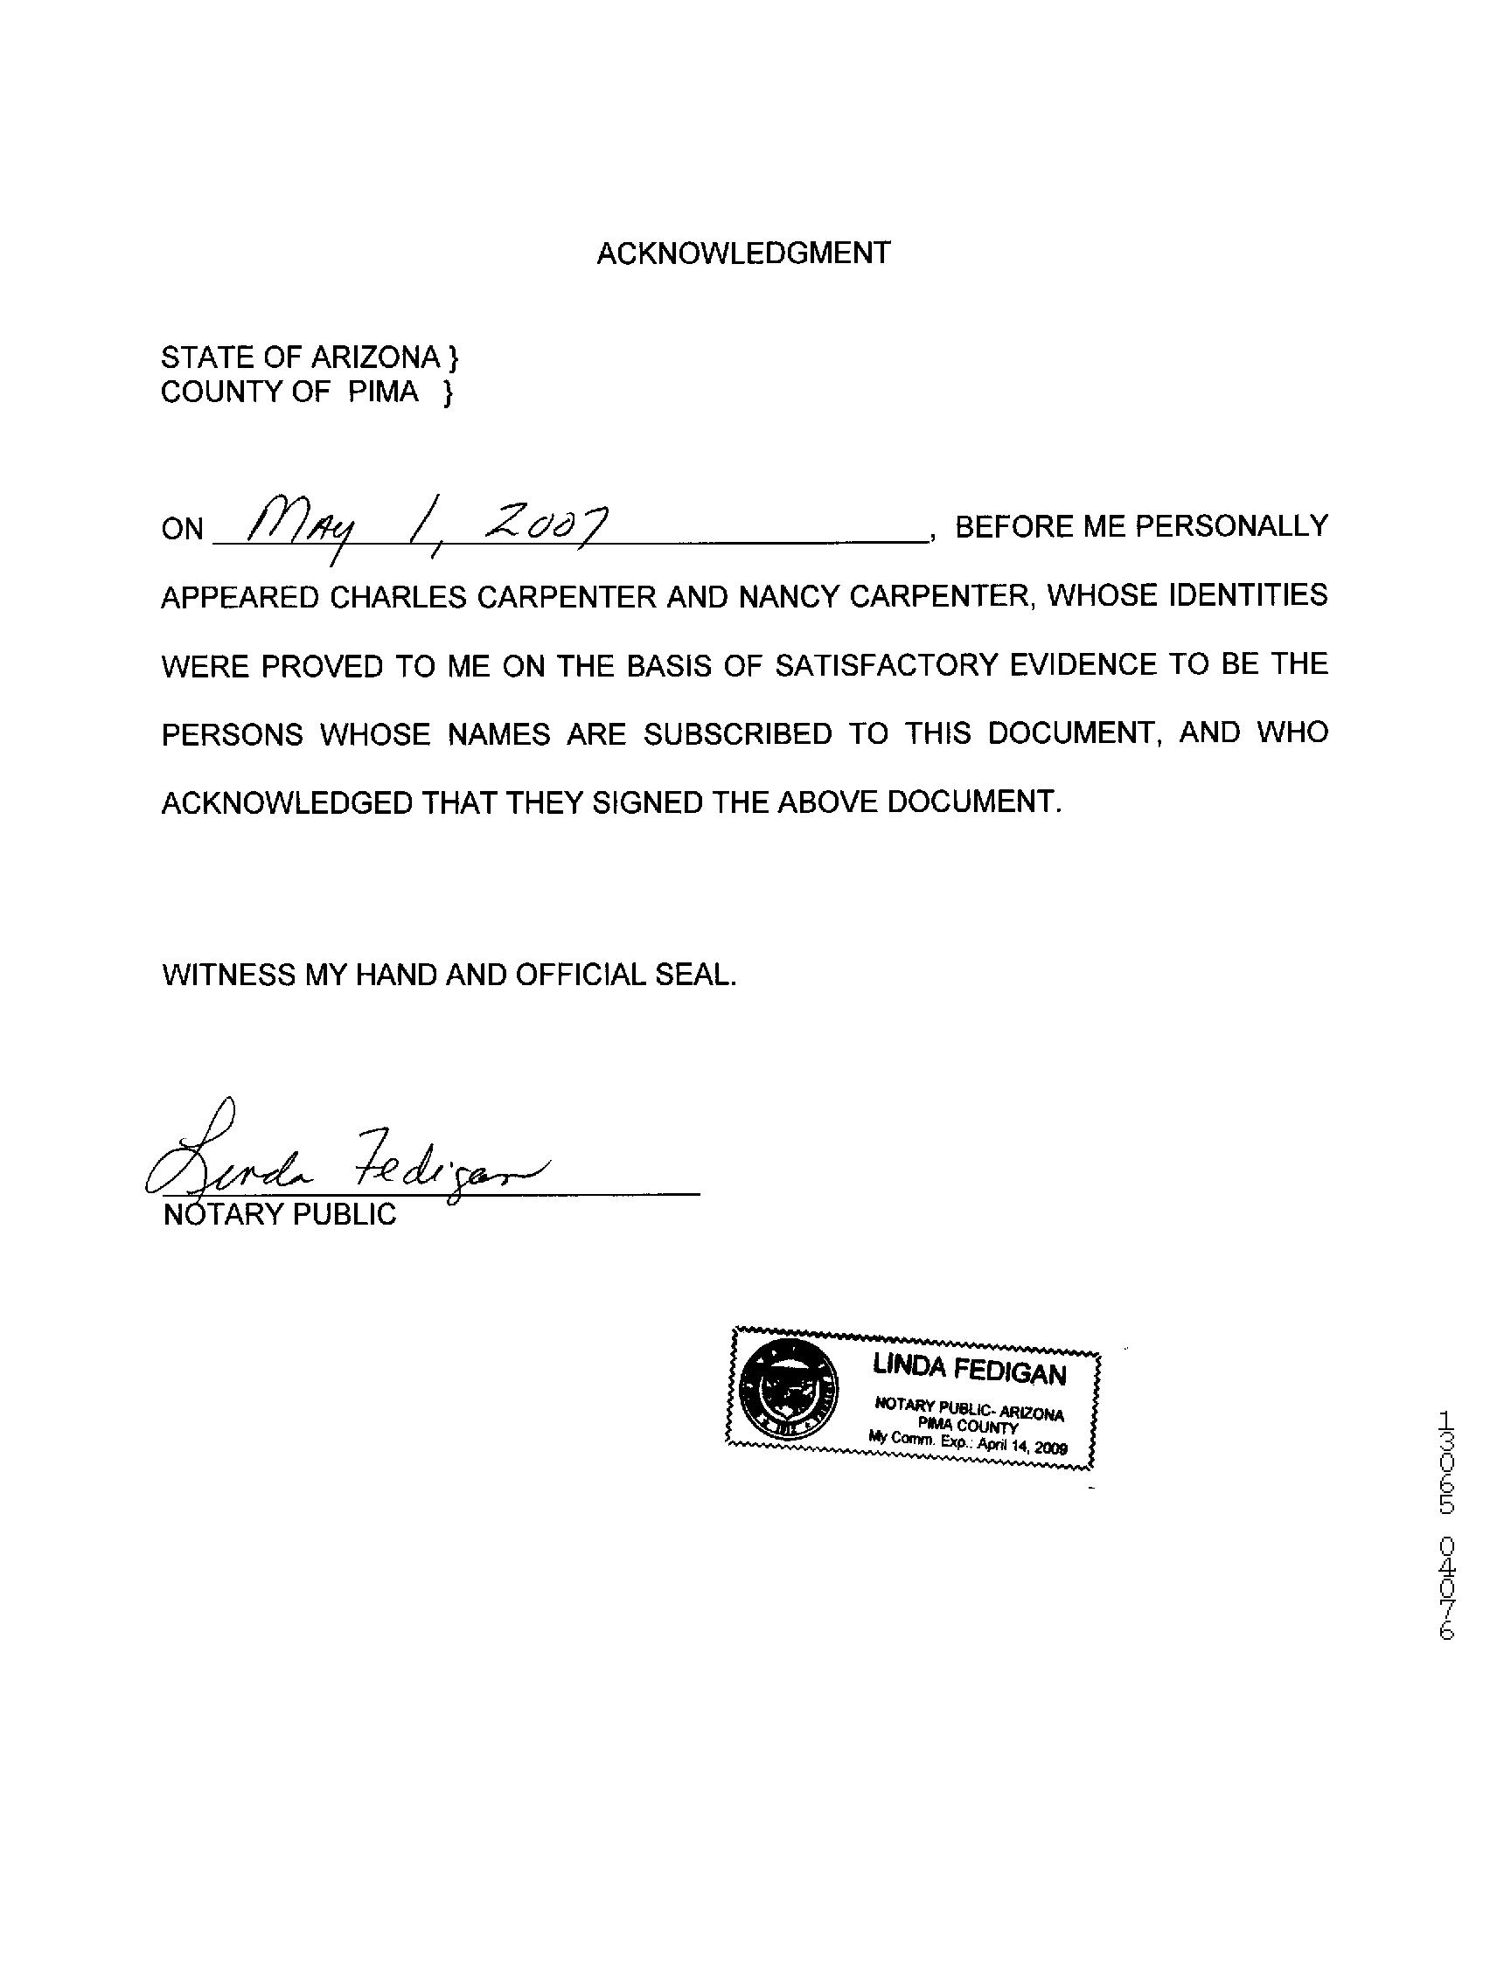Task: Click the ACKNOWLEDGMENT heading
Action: point(742,254)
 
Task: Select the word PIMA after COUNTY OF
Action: point(382,392)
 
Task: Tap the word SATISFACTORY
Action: point(884,665)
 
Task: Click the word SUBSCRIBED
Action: point(737,733)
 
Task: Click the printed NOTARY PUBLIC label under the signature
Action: point(280,1214)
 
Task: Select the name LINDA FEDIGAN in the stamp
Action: point(969,1369)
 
